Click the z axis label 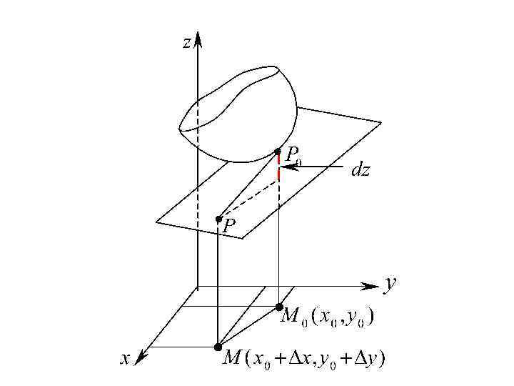[x=186, y=43]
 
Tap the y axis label [x=390, y=284]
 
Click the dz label [x=361, y=171]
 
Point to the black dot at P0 [x=278, y=152]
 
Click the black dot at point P [x=218, y=219]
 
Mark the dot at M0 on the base [x=279, y=307]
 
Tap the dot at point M [x=218, y=347]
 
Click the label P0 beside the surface [x=293, y=155]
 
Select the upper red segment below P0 [x=278, y=159]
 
